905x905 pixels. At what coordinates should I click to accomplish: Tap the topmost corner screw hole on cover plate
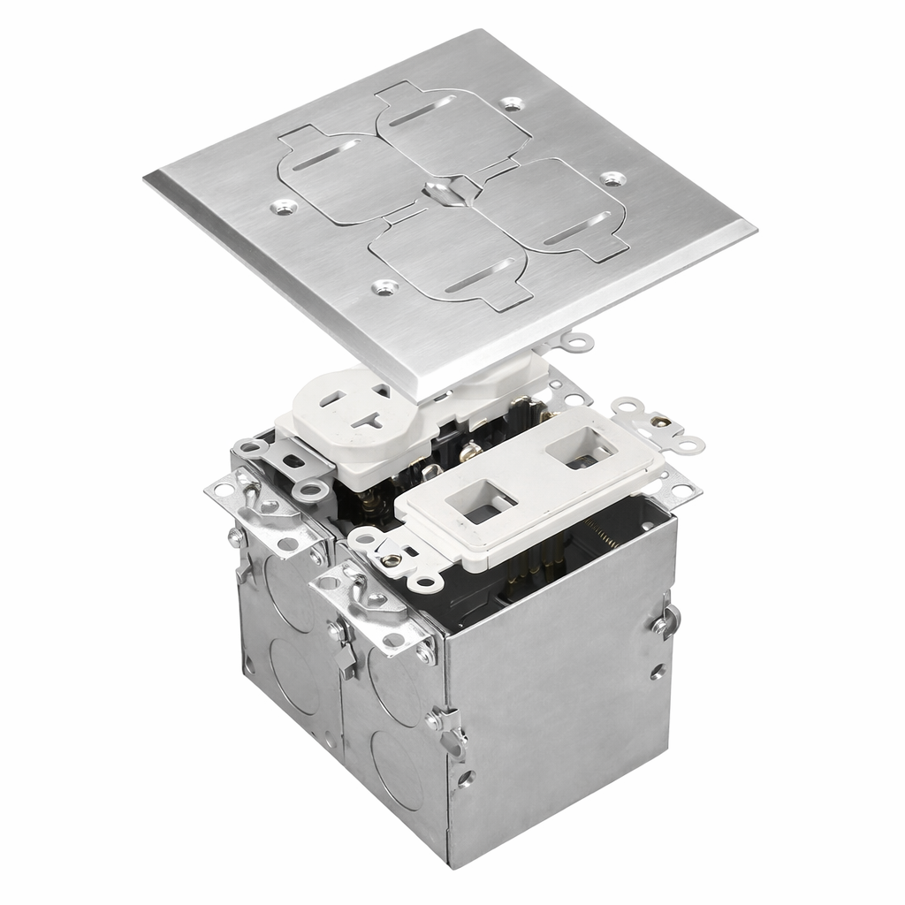coord(510,103)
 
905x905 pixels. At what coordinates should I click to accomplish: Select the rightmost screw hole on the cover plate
coord(608,179)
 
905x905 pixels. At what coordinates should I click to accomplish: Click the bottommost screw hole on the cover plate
coord(383,286)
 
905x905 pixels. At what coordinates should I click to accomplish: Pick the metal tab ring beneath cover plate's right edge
coord(578,339)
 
